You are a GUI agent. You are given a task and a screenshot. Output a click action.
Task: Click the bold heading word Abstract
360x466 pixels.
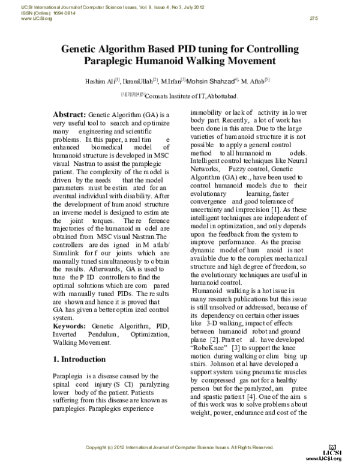70,113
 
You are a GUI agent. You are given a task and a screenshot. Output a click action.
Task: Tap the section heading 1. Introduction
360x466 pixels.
79,360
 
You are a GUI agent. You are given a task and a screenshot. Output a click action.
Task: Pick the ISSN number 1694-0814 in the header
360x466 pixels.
53,13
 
